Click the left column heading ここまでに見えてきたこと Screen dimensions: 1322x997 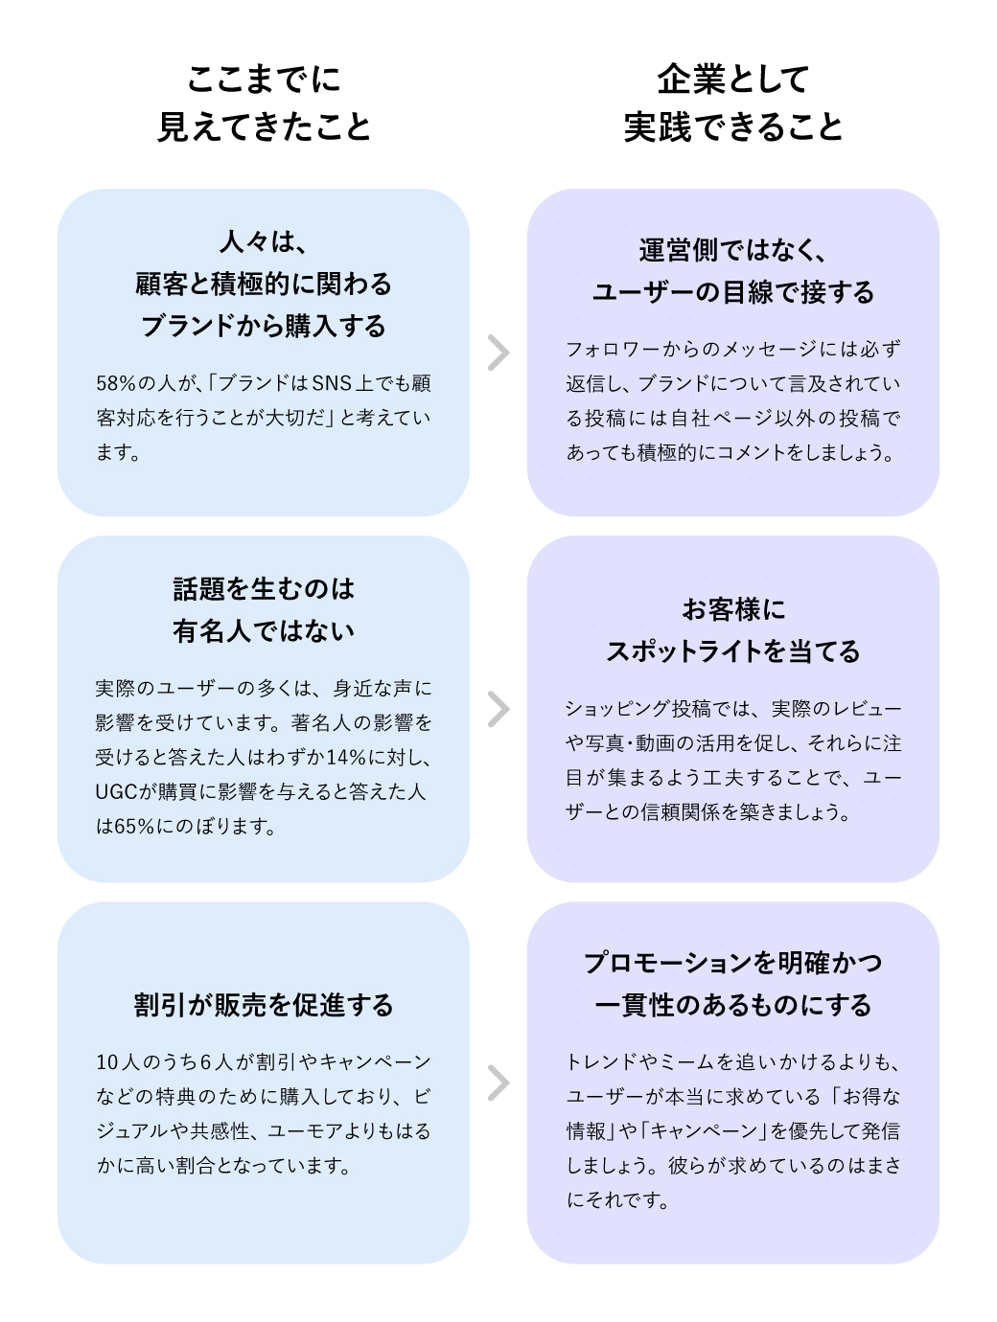(264, 103)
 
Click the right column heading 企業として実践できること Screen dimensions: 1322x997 (733, 103)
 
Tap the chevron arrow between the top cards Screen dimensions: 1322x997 (498, 353)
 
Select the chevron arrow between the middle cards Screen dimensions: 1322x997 (498, 710)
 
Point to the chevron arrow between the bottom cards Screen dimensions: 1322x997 (498, 1083)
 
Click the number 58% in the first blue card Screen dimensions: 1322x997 (116, 383)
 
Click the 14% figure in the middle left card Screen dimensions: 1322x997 (347, 757)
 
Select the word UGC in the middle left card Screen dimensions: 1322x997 (116, 791)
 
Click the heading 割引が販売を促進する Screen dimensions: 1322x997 (264, 1005)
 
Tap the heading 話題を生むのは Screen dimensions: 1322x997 (264, 588)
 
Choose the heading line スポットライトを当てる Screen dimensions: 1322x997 (733, 651)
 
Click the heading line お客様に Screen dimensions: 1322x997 (733, 609)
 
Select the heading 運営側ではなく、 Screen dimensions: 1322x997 (733, 250)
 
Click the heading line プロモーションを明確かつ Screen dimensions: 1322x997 (733, 962)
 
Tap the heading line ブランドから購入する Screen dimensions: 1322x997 (264, 326)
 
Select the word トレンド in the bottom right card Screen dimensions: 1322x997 (602, 1061)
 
